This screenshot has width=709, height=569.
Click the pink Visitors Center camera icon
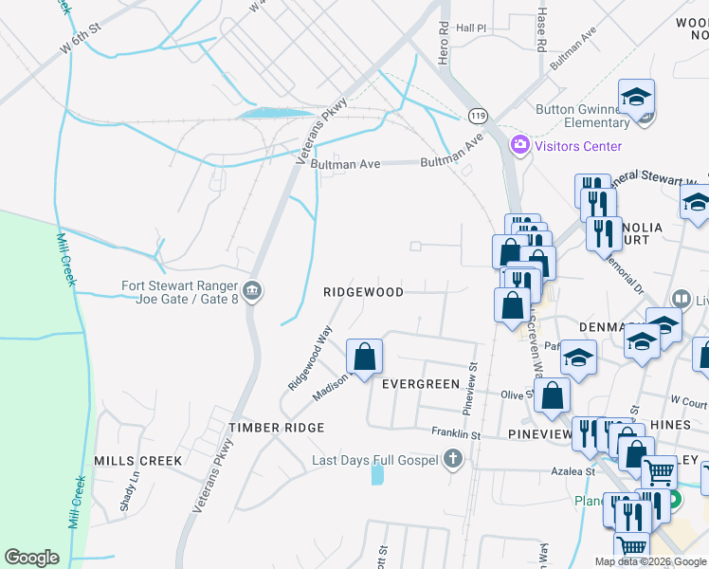click(519, 146)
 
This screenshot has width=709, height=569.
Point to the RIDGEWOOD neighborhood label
click(363, 293)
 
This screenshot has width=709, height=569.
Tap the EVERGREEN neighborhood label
click(420, 384)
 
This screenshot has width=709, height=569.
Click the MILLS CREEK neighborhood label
click(137, 461)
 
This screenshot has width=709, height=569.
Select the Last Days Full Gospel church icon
click(453, 460)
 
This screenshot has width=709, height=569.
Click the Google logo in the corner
click(31, 558)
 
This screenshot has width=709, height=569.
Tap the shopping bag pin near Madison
click(365, 358)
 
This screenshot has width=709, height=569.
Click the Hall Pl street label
click(471, 28)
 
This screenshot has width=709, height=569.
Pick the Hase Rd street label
click(541, 32)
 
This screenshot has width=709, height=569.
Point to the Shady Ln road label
click(124, 494)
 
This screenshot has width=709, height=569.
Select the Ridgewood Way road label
click(311, 358)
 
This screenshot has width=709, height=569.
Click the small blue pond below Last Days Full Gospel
click(378, 474)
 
